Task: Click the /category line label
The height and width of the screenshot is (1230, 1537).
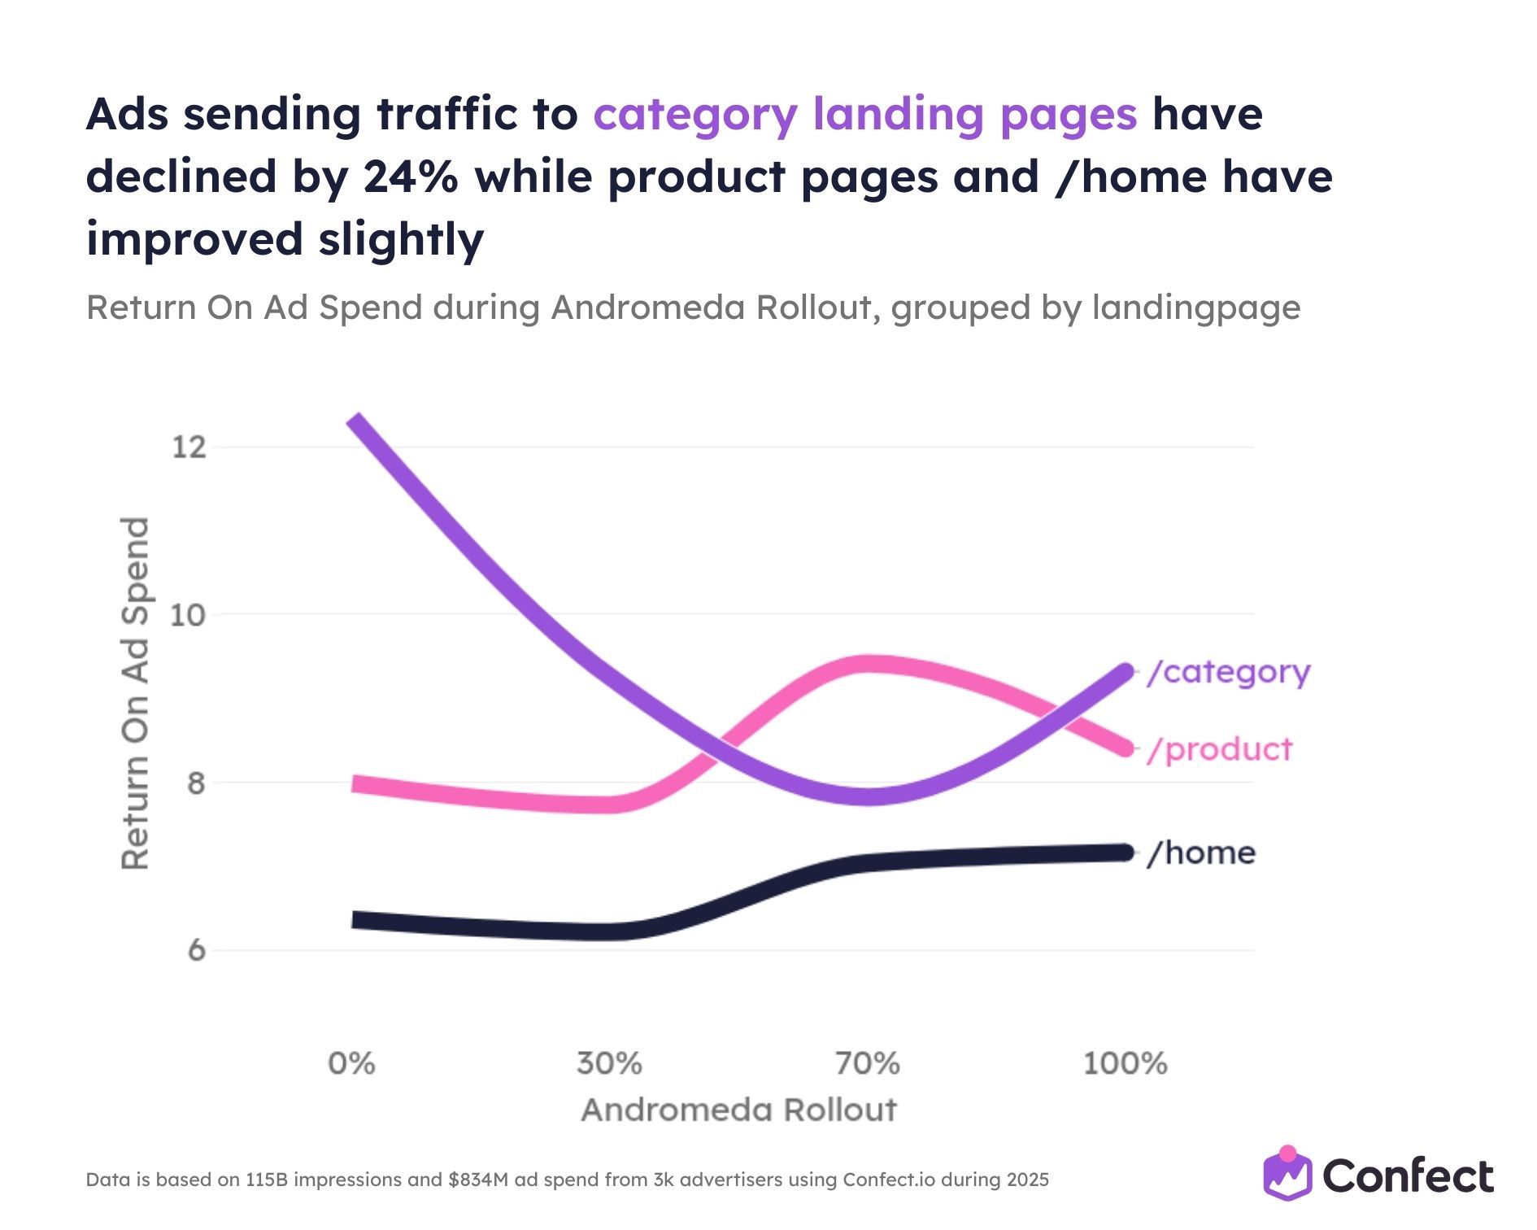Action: click(x=1228, y=673)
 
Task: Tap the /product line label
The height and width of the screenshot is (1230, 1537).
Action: click(x=1219, y=749)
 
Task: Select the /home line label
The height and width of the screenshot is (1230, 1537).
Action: click(x=1201, y=853)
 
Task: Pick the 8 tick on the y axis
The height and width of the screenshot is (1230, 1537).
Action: click(x=196, y=783)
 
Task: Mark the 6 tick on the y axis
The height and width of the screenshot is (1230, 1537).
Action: click(x=196, y=950)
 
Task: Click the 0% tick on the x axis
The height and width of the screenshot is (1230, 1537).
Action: click(x=351, y=1063)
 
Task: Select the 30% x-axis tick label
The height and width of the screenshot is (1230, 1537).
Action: click(x=609, y=1063)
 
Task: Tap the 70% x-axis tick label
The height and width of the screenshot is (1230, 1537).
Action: click(x=868, y=1063)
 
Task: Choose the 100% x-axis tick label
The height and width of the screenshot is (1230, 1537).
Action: click(x=1126, y=1063)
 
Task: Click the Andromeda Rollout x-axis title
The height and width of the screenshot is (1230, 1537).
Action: click(x=738, y=1110)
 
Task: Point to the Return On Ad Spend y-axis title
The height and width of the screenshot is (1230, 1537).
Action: click(x=136, y=693)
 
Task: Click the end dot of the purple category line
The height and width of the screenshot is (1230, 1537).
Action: click(x=1125, y=672)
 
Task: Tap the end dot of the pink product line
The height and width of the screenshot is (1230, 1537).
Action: click(x=1125, y=748)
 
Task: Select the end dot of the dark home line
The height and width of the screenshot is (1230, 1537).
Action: click(x=1125, y=853)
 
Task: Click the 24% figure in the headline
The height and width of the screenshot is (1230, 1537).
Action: click(x=411, y=177)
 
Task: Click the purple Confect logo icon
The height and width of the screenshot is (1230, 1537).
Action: click(x=1287, y=1174)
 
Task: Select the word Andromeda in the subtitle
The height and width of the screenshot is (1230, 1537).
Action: click(x=629, y=307)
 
